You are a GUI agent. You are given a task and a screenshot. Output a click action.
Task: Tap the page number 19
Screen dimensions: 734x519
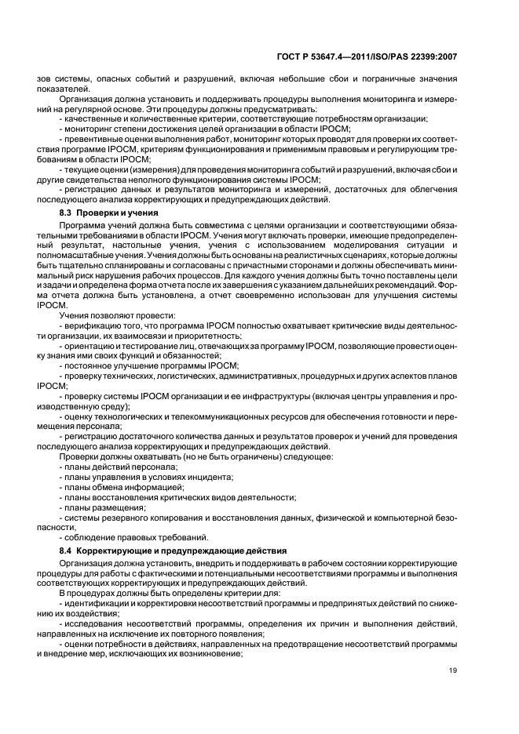453,670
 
